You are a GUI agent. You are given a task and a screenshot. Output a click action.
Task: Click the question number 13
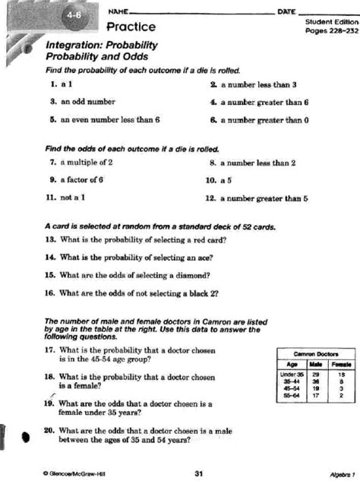pos(50,239)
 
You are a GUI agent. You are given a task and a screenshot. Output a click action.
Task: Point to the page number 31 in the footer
pos(198,473)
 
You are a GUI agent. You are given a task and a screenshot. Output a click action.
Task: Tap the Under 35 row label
pos(292,374)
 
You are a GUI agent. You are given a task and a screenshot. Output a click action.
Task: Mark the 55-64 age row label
pos(292,396)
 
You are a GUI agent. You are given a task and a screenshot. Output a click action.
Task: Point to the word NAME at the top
pos(118,11)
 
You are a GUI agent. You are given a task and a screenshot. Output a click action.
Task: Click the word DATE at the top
pos(286,11)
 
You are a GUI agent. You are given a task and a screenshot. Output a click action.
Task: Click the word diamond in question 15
pos(194,274)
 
